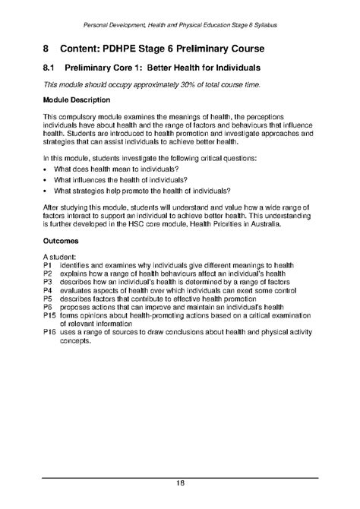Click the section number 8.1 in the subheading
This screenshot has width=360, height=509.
(50, 68)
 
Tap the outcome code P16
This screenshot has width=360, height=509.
(50, 333)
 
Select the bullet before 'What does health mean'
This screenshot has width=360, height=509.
(46, 169)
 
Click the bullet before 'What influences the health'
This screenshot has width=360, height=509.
(46, 180)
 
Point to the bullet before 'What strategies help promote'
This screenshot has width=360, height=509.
(46, 191)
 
